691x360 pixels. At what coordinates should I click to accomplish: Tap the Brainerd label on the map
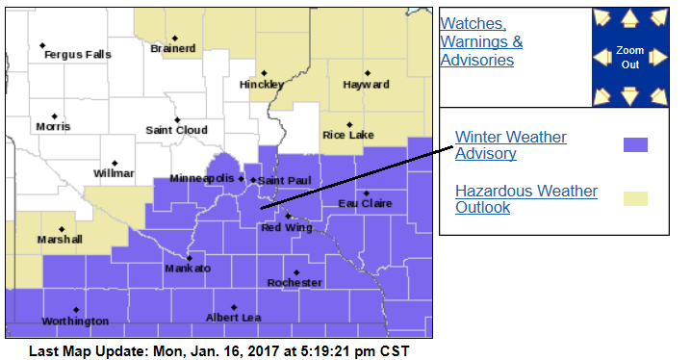[174, 48]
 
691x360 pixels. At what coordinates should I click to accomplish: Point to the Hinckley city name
[262, 85]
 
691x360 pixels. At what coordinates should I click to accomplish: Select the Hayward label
[367, 85]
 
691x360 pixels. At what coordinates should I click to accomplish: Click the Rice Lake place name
[347, 136]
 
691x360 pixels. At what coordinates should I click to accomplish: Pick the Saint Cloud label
[176, 130]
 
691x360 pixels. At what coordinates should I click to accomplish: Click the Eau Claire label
[365, 203]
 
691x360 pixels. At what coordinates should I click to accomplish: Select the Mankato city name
[188, 269]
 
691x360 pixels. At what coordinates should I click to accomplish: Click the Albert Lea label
[233, 319]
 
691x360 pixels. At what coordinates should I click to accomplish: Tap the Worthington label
[75, 321]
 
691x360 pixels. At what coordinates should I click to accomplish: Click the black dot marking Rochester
[296, 271]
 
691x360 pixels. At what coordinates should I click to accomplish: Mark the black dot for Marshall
[62, 228]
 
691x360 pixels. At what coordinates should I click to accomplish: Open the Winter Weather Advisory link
[510, 145]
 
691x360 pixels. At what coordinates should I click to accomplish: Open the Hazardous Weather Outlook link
[525, 199]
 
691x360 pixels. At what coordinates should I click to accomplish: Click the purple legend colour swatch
[635, 145]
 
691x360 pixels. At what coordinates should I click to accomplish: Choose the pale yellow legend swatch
[635, 199]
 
